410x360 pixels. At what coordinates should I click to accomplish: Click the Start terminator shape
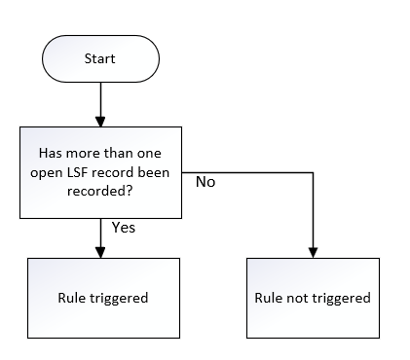point(100,58)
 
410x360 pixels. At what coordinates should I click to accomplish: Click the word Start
point(99,58)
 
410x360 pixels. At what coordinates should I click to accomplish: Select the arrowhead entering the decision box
point(100,122)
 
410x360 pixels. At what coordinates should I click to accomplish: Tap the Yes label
point(124,228)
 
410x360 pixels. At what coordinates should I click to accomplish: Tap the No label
point(205,182)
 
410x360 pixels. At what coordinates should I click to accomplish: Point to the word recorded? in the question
point(100,191)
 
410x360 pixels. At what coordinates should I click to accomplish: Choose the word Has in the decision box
point(50,153)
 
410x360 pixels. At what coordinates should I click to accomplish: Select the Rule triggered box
point(103,298)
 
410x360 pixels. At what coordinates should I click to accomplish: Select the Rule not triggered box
point(313,298)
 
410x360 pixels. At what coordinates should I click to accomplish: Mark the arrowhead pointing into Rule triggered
point(100,253)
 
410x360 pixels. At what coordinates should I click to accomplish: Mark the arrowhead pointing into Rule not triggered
point(313,253)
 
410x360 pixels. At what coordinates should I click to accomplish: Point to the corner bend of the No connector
point(313,172)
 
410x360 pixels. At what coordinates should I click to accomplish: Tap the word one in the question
point(149,154)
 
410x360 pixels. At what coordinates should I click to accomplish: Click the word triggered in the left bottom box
point(119,299)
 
